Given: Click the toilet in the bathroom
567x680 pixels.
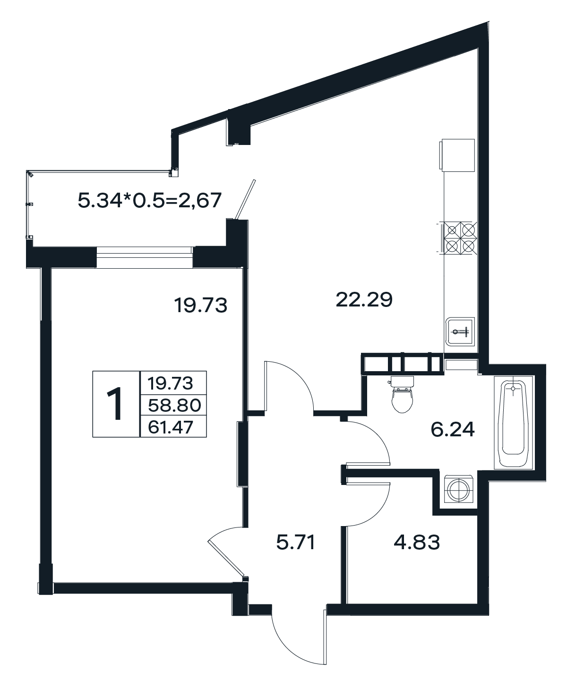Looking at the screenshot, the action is [403, 394].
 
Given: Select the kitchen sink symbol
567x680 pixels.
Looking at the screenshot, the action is [459, 331].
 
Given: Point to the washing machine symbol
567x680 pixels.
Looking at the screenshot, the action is [458, 489].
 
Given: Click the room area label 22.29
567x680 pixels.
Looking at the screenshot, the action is [364, 299].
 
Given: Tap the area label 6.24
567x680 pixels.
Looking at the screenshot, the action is [453, 430].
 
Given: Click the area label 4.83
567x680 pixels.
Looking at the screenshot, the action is [417, 543].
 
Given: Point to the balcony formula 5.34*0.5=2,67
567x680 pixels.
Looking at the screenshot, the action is [150, 200].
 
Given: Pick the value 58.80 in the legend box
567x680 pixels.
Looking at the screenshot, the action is [174, 406].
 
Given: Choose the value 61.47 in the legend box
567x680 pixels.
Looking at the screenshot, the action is [171, 427].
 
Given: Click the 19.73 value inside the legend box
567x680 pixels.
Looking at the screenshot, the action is [171, 383].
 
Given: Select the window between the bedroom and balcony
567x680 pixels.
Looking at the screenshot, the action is [145, 257].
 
